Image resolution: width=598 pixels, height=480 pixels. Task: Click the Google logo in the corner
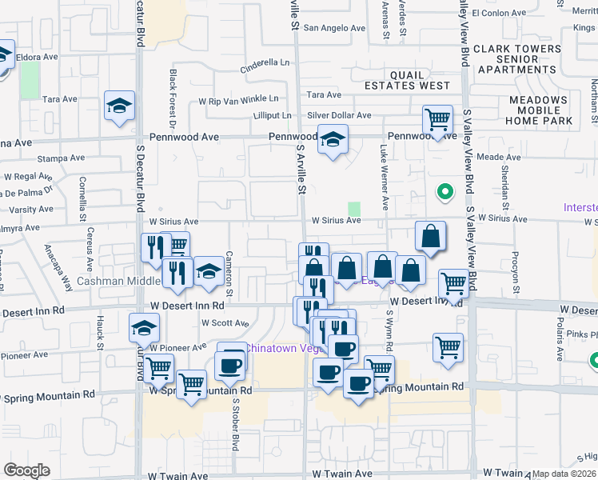[x=27, y=470]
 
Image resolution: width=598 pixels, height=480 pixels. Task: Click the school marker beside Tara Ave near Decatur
[x=119, y=106]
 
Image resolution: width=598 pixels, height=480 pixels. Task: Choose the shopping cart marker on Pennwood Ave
[x=437, y=121]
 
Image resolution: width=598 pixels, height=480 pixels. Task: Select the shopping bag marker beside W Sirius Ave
[x=430, y=237]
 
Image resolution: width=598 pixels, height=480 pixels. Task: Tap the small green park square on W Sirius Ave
[x=353, y=209]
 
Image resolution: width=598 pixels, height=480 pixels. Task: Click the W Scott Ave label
[x=225, y=323]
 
